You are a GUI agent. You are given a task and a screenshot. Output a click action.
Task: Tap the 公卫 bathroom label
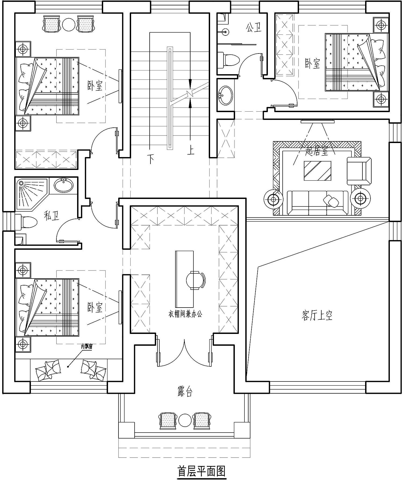(x=254, y=28)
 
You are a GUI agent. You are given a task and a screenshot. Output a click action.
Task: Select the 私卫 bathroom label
(x=52, y=216)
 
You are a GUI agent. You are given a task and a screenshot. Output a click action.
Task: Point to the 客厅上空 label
(x=317, y=315)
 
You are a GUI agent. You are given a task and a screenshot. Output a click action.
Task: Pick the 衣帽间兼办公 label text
(x=185, y=314)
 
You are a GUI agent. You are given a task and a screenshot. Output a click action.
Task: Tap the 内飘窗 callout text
(x=87, y=347)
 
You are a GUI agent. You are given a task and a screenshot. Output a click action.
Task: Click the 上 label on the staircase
(x=191, y=150)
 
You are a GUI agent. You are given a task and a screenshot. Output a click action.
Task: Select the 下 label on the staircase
(x=151, y=159)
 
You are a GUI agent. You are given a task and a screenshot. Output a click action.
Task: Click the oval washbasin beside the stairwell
(x=225, y=95)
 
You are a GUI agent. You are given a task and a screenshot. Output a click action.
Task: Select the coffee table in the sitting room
(x=317, y=171)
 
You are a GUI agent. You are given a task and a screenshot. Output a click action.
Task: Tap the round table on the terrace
(x=185, y=420)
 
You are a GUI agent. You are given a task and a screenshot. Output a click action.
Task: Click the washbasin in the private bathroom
(x=64, y=185)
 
